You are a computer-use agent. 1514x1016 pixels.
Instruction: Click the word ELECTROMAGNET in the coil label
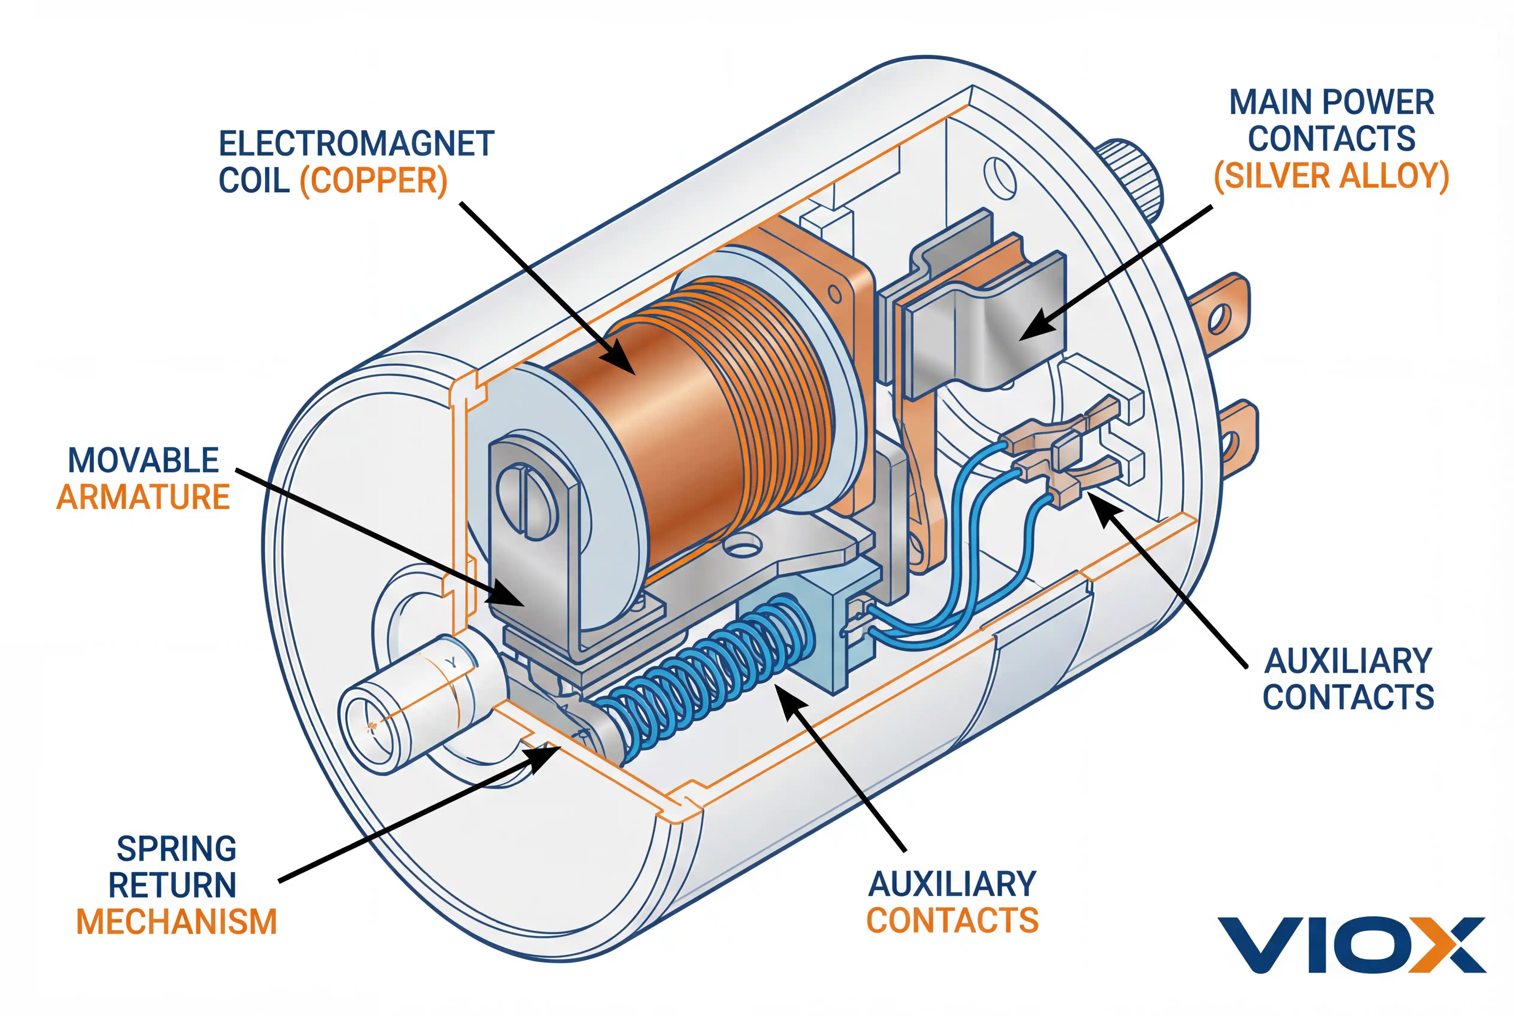356,144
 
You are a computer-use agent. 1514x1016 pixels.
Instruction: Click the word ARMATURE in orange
143,498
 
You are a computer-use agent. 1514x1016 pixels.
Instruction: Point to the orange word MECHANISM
176,922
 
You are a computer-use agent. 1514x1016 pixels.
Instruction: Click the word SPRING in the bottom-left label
176,849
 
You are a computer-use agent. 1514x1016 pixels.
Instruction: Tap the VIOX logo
1351,945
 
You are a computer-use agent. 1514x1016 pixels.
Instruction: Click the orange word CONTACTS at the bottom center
952,921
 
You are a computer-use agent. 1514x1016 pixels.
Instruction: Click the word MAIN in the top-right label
1270,102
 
